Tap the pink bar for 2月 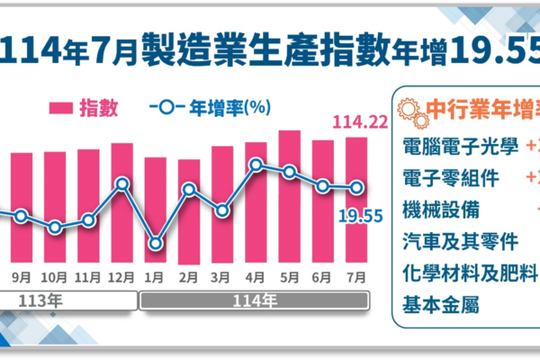coord(189,211)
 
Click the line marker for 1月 coord(156,243)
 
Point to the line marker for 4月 coord(256,165)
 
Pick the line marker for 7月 coord(356,188)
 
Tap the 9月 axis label coord(22,276)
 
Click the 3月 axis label coord(222,276)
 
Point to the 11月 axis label coord(88,276)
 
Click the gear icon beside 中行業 coord(411,112)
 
